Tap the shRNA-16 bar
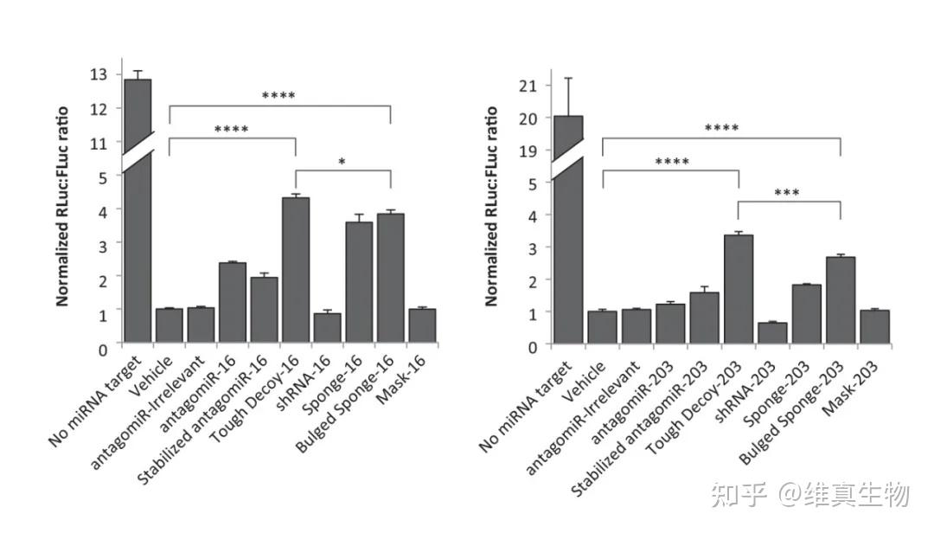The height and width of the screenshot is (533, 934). point(327,328)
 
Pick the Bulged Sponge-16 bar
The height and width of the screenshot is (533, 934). point(390,278)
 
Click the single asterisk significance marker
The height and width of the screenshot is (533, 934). point(343,161)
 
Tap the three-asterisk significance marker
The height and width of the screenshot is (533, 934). point(788,192)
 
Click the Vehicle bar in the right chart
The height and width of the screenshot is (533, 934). point(602,328)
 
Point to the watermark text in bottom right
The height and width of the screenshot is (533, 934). point(809,495)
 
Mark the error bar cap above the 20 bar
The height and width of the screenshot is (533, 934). point(568,78)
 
